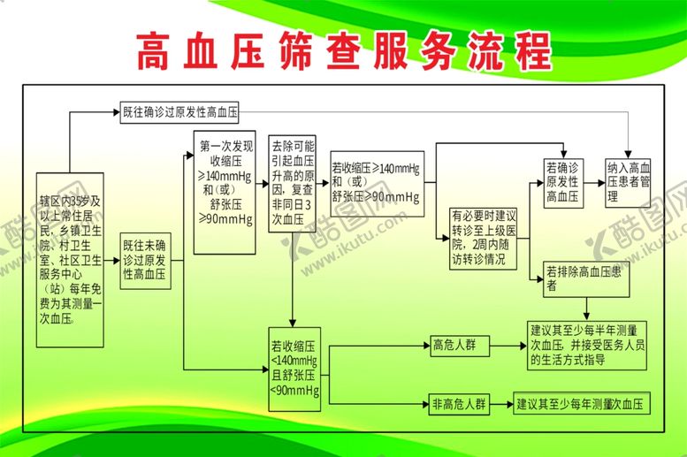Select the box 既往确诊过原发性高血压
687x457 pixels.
[181, 112]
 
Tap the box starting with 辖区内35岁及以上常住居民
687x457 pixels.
[70, 259]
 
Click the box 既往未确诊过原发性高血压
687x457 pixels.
[146, 258]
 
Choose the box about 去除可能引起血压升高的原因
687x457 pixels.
[293, 184]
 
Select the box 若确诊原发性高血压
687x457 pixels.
[562, 182]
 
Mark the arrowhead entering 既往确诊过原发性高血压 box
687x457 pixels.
[116, 112]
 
